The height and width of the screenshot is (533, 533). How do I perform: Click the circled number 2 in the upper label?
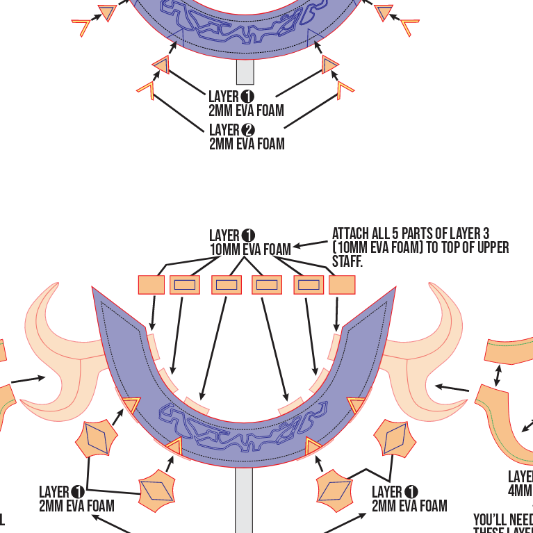(x=248, y=130)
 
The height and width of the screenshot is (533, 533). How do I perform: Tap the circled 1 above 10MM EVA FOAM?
(x=249, y=236)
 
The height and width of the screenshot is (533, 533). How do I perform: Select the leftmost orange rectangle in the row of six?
(x=151, y=285)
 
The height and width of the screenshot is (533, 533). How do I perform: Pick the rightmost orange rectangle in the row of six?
(x=342, y=285)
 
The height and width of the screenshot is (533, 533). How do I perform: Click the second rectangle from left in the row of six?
(x=184, y=285)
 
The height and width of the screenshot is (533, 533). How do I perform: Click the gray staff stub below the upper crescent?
(x=245, y=72)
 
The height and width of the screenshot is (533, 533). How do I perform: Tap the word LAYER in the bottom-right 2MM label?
(x=387, y=493)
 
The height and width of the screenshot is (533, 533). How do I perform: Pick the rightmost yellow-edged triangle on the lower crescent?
(x=356, y=404)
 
